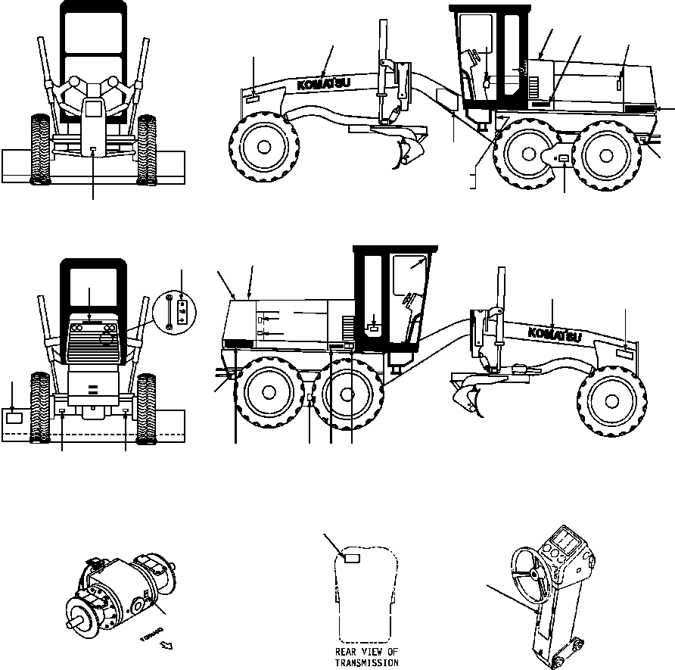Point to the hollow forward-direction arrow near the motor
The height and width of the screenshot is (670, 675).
[x=166, y=645]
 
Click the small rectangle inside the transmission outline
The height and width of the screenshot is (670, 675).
[x=353, y=558]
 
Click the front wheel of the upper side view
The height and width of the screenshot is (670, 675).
[x=263, y=145]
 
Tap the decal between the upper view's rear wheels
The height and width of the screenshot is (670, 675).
[x=565, y=157]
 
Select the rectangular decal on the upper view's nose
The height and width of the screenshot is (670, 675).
[x=253, y=96]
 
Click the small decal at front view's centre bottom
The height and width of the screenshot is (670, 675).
[x=92, y=150]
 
